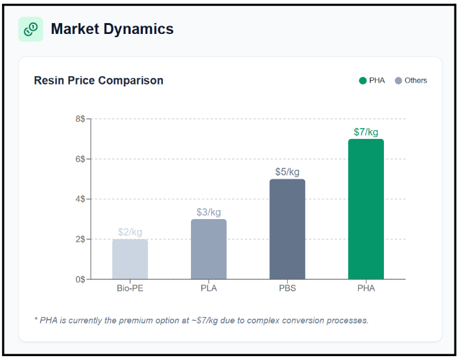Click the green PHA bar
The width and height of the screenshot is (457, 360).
(x=365, y=209)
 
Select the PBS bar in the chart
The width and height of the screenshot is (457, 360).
(x=287, y=229)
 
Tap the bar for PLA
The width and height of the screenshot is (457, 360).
(x=208, y=249)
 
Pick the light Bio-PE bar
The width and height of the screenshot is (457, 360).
(x=130, y=259)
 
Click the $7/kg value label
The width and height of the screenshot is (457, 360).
(x=366, y=132)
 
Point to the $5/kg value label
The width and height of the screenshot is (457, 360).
(x=287, y=172)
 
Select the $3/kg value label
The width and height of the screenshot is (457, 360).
(x=208, y=212)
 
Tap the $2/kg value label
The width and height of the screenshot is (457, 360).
(x=130, y=232)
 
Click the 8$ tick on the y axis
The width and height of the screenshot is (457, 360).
(x=80, y=119)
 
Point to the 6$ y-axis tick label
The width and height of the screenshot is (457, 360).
(x=80, y=159)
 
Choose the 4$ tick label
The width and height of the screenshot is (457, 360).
(x=80, y=199)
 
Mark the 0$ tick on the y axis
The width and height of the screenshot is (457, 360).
(x=80, y=279)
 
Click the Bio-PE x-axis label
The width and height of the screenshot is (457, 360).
(x=130, y=288)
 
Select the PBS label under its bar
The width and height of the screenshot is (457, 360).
(x=287, y=288)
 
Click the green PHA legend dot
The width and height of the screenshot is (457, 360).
(x=363, y=81)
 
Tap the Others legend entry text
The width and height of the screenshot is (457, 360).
(x=415, y=81)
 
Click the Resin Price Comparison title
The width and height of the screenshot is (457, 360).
(x=99, y=81)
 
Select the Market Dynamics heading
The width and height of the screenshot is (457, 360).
(x=112, y=29)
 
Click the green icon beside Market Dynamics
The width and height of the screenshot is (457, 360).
(x=31, y=29)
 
